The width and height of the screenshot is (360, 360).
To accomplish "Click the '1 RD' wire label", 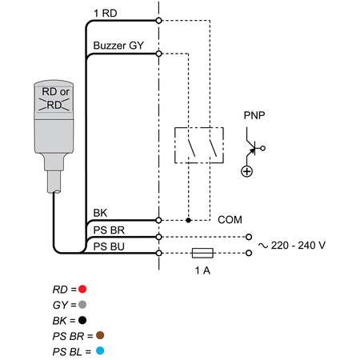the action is point(106,14).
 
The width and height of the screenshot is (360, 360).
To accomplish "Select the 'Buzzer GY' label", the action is point(118,46).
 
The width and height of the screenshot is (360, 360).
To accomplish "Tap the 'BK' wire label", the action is point(100,213).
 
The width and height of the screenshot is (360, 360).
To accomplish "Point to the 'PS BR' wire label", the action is point(109,230).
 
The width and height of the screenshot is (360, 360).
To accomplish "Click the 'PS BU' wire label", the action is point(109,246).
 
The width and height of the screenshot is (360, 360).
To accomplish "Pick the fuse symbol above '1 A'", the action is point(202,253).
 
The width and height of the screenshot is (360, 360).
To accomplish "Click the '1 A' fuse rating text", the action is point(202,270).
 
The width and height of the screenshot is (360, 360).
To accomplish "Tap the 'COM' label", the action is point(230,220).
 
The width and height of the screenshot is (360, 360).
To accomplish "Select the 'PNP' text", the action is point(254,115).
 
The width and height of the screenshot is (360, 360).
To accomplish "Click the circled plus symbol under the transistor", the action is point(246,171).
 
